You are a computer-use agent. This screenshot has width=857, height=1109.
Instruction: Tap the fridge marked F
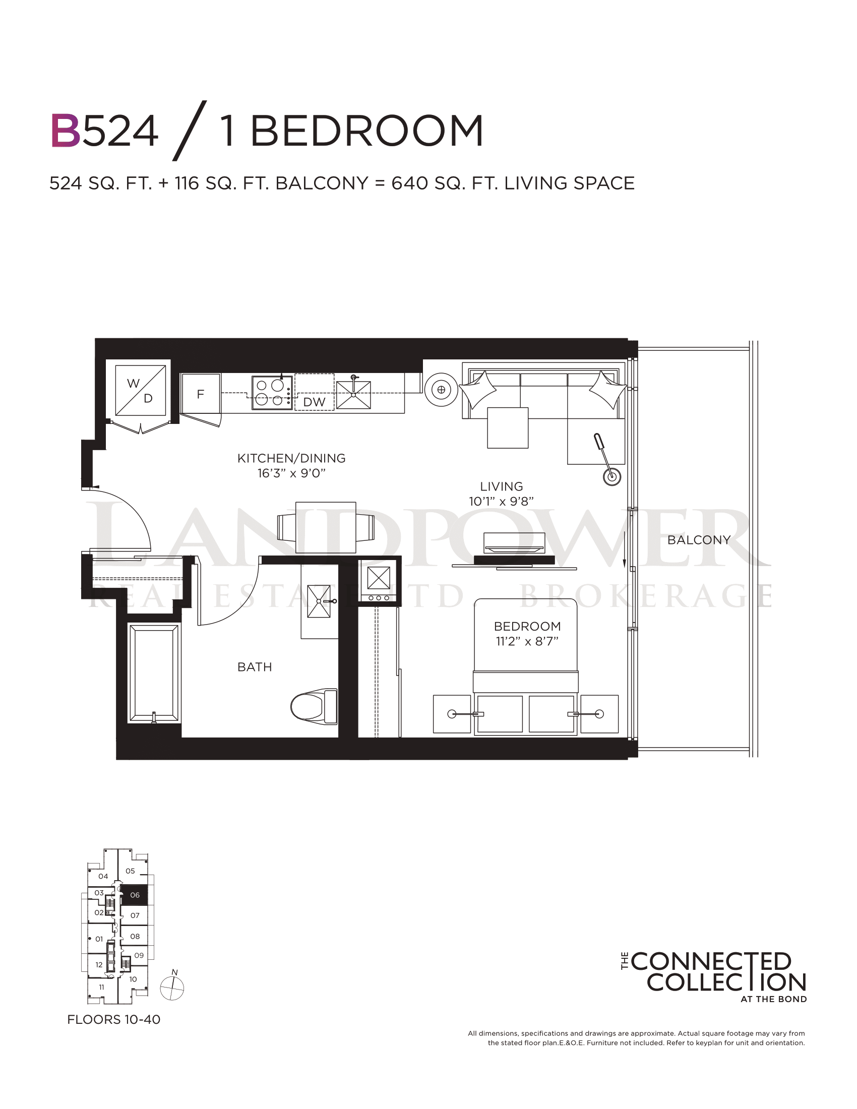(201, 394)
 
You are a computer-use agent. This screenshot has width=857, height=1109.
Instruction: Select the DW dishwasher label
(314, 402)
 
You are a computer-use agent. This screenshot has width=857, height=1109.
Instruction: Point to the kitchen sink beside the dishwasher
(353, 394)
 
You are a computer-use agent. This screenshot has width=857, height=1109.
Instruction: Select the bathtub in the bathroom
(154, 673)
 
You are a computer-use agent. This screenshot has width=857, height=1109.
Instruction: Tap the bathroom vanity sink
(319, 601)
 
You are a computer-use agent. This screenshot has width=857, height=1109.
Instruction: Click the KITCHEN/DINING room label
(291, 459)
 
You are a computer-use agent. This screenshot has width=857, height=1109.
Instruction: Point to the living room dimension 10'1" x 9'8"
(501, 502)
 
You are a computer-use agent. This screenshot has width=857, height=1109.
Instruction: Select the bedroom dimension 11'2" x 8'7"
(527, 641)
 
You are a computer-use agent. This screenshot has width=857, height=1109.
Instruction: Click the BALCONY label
(699, 540)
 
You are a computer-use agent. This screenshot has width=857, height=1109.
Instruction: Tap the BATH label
(255, 667)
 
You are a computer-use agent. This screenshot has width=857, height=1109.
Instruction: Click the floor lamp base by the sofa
(612, 476)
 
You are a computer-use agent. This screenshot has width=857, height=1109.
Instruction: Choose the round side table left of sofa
(441, 390)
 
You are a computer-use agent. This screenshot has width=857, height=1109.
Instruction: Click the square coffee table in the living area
(508, 427)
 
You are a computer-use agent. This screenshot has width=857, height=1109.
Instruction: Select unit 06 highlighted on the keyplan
(135, 895)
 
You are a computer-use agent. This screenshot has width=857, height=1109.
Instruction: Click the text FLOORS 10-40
(114, 1020)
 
